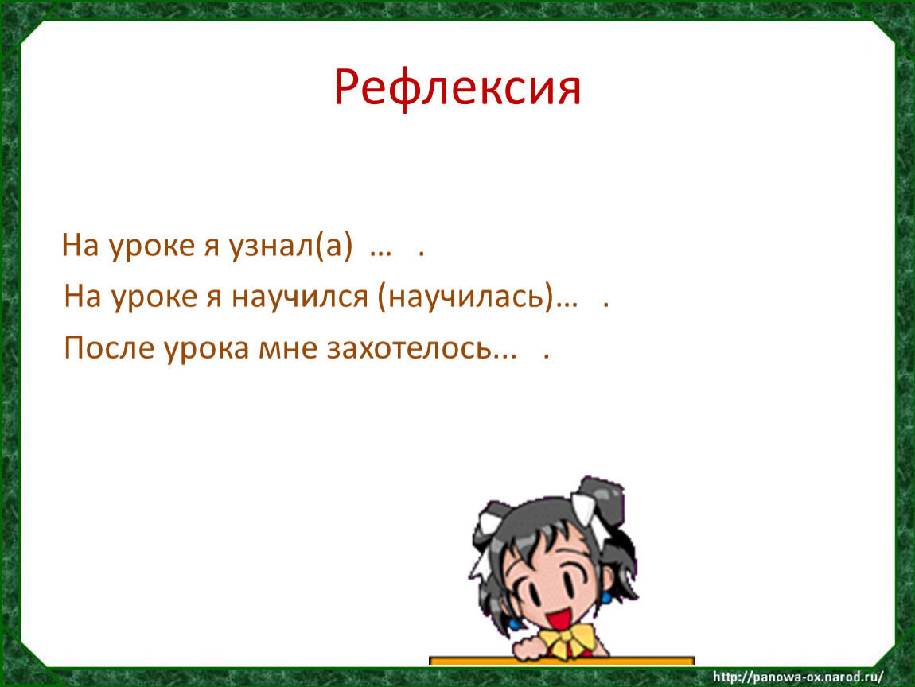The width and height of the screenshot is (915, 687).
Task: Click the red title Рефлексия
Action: point(457,88)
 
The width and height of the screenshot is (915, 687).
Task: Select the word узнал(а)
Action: point(290,246)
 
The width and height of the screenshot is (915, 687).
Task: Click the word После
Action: point(109,348)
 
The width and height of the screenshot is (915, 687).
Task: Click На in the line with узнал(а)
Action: point(80,246)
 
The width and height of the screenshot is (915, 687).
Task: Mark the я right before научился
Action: point(215,298)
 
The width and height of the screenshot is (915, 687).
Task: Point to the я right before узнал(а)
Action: point(212,246)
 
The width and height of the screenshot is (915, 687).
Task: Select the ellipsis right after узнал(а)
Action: point(380,253)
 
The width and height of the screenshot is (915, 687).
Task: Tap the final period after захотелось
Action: point(546,355)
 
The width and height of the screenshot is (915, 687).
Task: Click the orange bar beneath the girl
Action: point(562,661)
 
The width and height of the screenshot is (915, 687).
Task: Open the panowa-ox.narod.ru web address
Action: point(798,677)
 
